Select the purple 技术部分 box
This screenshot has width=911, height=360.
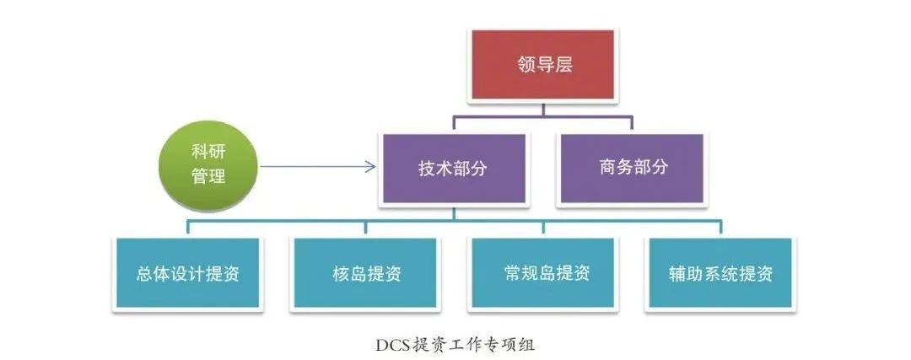point(453,168)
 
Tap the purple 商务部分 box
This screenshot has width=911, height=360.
point(632,168)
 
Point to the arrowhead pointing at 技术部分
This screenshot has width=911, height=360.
point(370,167)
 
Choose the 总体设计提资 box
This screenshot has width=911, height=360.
point(186,272)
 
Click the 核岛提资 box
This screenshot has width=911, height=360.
point(364,272)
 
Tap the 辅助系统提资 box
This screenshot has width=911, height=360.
point(720,272)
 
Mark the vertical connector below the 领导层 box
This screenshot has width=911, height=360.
point(543,107)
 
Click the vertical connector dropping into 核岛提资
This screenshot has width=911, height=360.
point(364,227)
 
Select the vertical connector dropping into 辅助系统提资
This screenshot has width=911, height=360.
point(720,227)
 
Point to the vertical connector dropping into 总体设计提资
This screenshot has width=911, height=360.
point(187,227)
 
